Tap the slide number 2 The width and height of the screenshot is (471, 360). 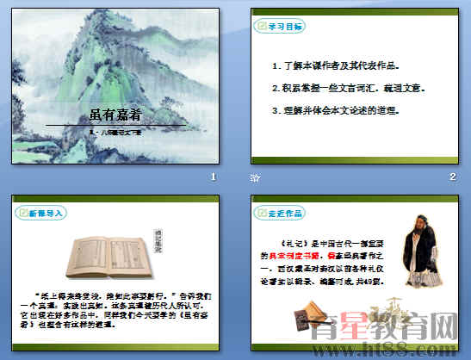point(452,177)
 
